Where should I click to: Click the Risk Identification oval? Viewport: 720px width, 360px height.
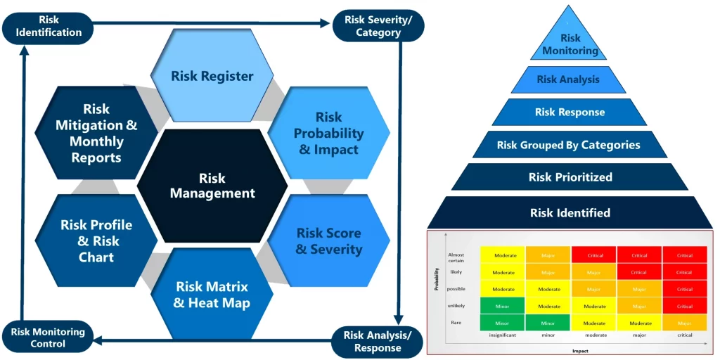click(49, 26)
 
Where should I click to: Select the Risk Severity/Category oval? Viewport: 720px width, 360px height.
click(378, 26)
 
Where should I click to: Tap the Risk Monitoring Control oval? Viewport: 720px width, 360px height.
click(48, 337)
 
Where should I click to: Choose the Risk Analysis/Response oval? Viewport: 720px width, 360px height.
click(378, 341)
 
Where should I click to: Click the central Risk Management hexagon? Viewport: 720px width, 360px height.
click(212, 186)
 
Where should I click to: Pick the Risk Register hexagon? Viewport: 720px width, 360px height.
click(212, 76)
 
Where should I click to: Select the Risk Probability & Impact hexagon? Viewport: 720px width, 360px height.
click(329, 133)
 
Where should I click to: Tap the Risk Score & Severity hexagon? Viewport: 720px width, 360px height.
click(329, 240)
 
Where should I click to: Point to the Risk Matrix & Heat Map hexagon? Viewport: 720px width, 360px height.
click(212, 295)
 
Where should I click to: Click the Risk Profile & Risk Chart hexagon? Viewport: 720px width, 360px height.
click(96, 240)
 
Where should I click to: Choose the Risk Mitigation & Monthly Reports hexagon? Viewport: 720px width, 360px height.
click(96, 133)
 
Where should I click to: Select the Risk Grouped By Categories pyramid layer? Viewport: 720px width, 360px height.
click(568, 145)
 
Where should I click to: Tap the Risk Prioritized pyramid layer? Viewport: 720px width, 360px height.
click(570, 177)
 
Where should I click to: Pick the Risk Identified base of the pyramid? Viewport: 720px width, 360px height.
click(570, 212)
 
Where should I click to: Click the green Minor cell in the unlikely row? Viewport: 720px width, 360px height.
click(503, 306)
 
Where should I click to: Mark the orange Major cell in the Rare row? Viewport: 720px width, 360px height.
click(684, 323)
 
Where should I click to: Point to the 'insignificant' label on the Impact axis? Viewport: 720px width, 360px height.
click(503, 335)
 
